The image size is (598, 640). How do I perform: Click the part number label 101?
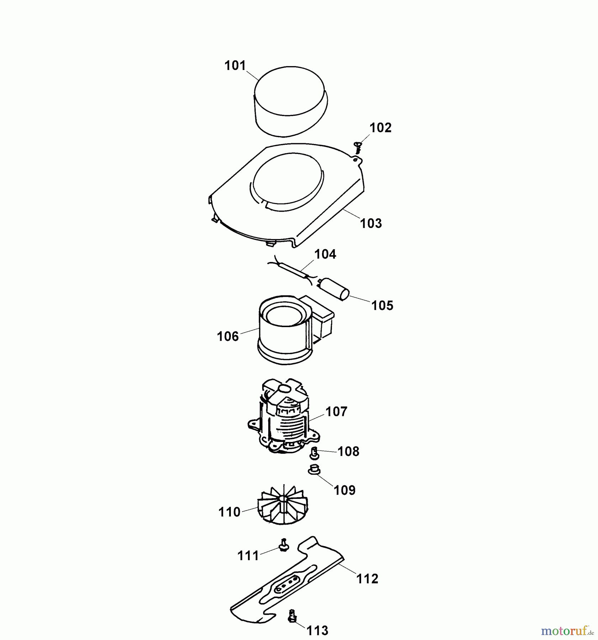click(235, 66)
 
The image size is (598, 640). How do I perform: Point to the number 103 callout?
click(371, 223)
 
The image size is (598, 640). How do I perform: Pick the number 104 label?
click(325, 254)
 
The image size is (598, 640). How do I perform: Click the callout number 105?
click(382, 305)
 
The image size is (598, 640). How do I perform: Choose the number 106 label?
click(228, 336)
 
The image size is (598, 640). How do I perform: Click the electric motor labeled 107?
click(285, 420)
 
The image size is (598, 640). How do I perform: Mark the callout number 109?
click(344, 490)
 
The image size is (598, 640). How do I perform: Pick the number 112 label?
click(367, 579)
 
